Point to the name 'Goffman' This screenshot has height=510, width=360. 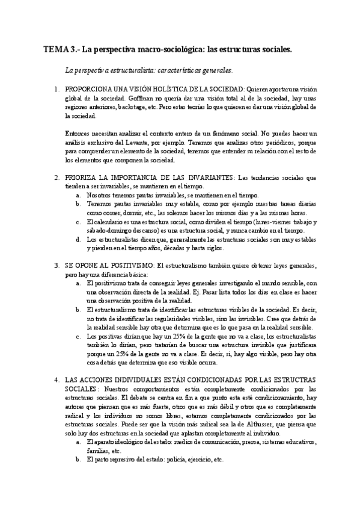[139, 98]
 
